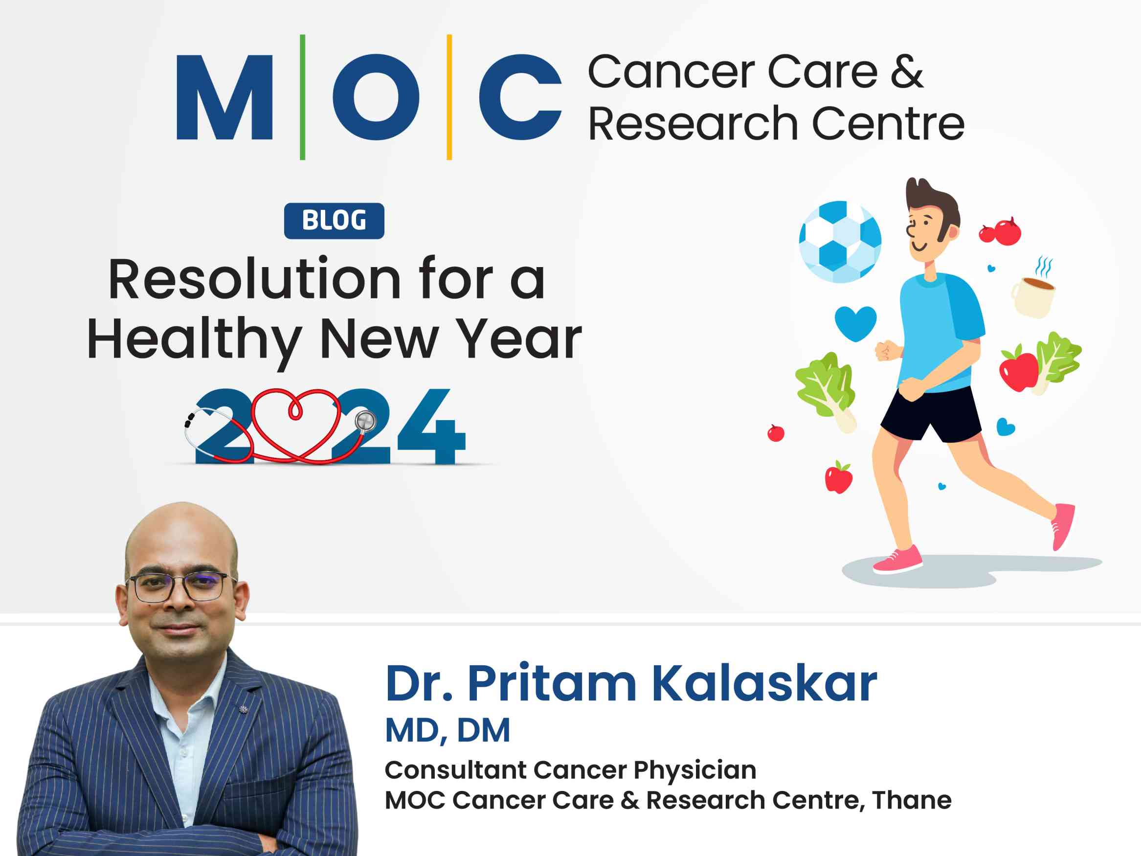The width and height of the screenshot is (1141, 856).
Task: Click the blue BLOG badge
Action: click(334, 221)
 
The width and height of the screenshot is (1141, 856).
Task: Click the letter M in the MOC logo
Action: click(224, 98)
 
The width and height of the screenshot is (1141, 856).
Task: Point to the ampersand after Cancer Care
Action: click(906, 72)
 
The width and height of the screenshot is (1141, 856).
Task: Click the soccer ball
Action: click(840, 242)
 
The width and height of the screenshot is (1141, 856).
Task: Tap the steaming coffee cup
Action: click(1033, 297)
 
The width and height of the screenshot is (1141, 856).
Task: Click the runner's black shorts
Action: click(931, 413)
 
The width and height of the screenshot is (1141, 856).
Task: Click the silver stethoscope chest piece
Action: click(366, 422)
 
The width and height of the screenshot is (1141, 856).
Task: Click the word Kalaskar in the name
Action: click(764, 684)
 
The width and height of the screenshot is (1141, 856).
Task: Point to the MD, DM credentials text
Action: click(447, 731)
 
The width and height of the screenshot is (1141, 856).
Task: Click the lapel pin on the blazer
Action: click(243, 710)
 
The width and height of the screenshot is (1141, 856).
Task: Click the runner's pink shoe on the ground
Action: click(898, 560)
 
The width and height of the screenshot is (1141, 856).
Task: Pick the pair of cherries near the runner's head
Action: click(1001, 232)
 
